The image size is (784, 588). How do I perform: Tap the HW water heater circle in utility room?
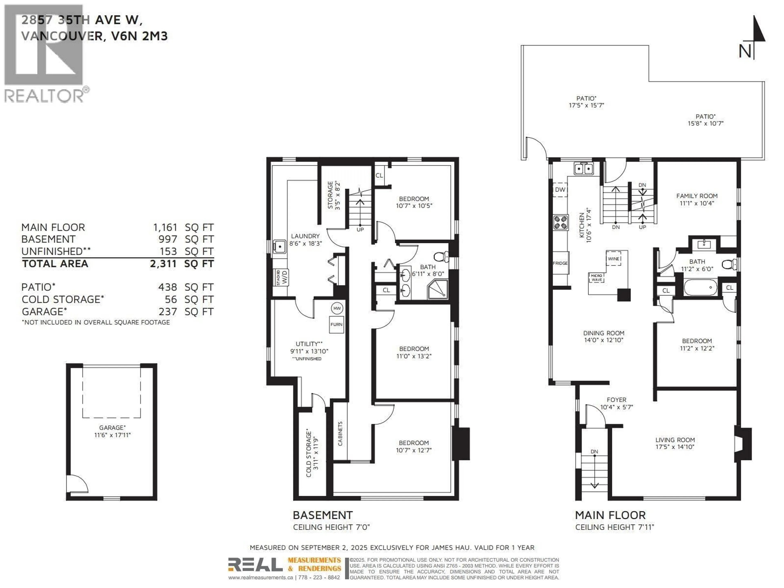pos(337,308)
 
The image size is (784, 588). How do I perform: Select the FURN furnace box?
pos(336,324)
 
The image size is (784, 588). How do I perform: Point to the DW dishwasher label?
pos(560,190)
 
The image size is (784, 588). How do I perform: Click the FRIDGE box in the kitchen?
pos(560,263)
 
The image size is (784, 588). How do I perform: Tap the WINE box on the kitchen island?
pos(614,259)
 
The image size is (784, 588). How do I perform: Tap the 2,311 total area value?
pos(163,264)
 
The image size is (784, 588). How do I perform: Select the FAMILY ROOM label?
pos(696,199)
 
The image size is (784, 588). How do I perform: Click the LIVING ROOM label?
pos(675,443)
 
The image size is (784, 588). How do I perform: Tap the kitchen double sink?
pos(583,169)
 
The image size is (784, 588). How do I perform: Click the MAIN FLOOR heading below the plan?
pos(610,515)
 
